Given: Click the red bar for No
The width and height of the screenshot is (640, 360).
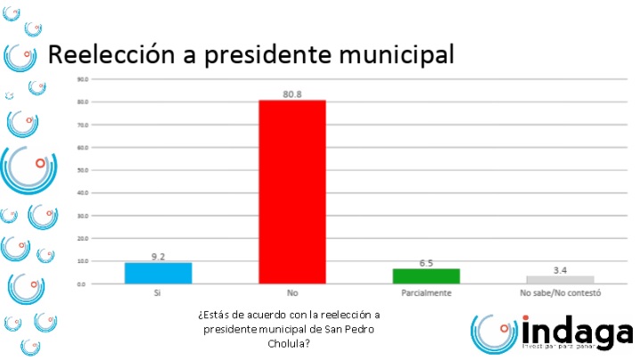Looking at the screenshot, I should pos(291,192).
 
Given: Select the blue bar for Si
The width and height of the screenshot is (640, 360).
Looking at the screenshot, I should pos(158,273).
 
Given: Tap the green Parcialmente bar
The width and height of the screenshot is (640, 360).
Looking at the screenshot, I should pos(426,275).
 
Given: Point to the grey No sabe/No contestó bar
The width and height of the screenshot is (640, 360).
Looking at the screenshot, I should pos(560,280).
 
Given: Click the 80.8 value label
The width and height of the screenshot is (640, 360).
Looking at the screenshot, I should pos(292,94).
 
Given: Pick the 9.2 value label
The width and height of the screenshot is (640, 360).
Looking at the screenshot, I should pos(159,257).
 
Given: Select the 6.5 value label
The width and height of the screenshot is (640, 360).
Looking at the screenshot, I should pos(426,263).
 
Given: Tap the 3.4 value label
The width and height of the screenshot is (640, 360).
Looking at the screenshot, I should pos(561,270).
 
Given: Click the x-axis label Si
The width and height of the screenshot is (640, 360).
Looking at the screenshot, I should pos(158,292).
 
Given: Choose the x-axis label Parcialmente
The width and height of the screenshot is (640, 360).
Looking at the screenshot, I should pos(426,292).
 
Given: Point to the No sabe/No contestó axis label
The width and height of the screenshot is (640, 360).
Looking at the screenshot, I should pos(561,292).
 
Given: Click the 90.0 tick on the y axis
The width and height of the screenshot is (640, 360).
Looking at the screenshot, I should pos(81,79).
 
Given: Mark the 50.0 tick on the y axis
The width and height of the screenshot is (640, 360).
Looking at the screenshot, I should pos(81,170).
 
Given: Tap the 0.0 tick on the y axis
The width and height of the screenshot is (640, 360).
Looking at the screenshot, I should pos(82,283).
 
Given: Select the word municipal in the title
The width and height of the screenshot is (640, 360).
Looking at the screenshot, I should pos(400,55).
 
